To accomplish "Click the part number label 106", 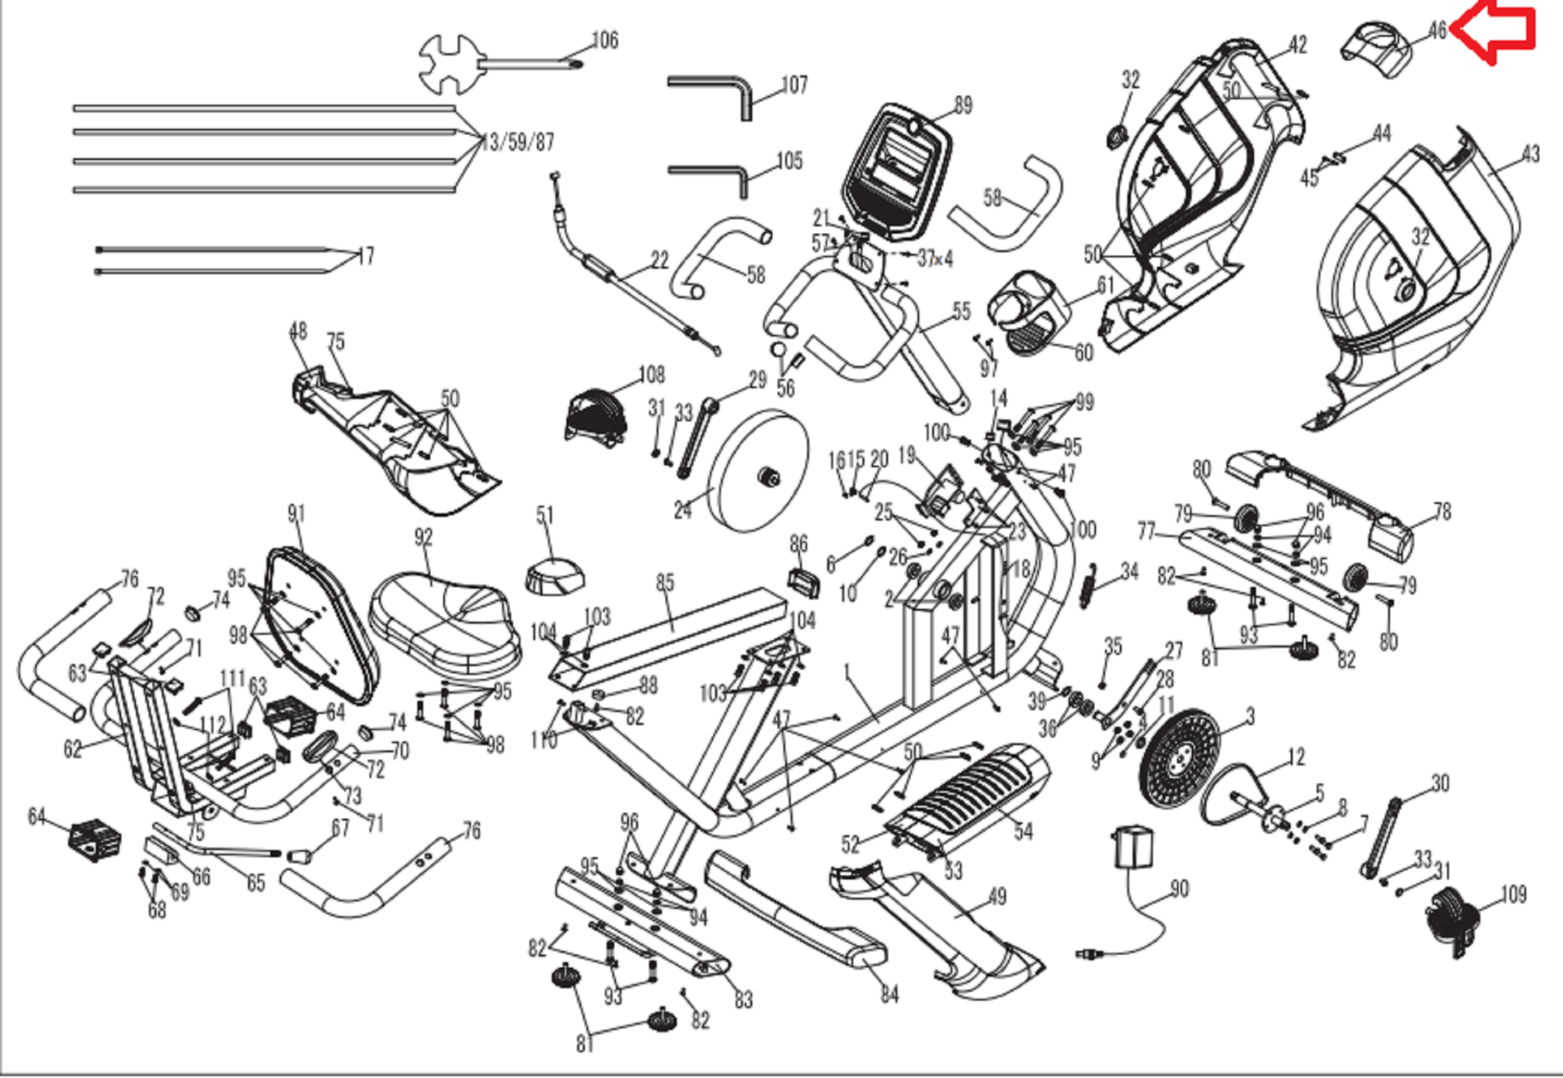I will coord(605,40).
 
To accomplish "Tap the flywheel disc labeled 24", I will coord(759,471).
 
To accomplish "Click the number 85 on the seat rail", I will coord(665,583).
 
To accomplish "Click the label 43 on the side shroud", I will coord(1530,155).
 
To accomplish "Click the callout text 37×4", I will coord(935,259).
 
